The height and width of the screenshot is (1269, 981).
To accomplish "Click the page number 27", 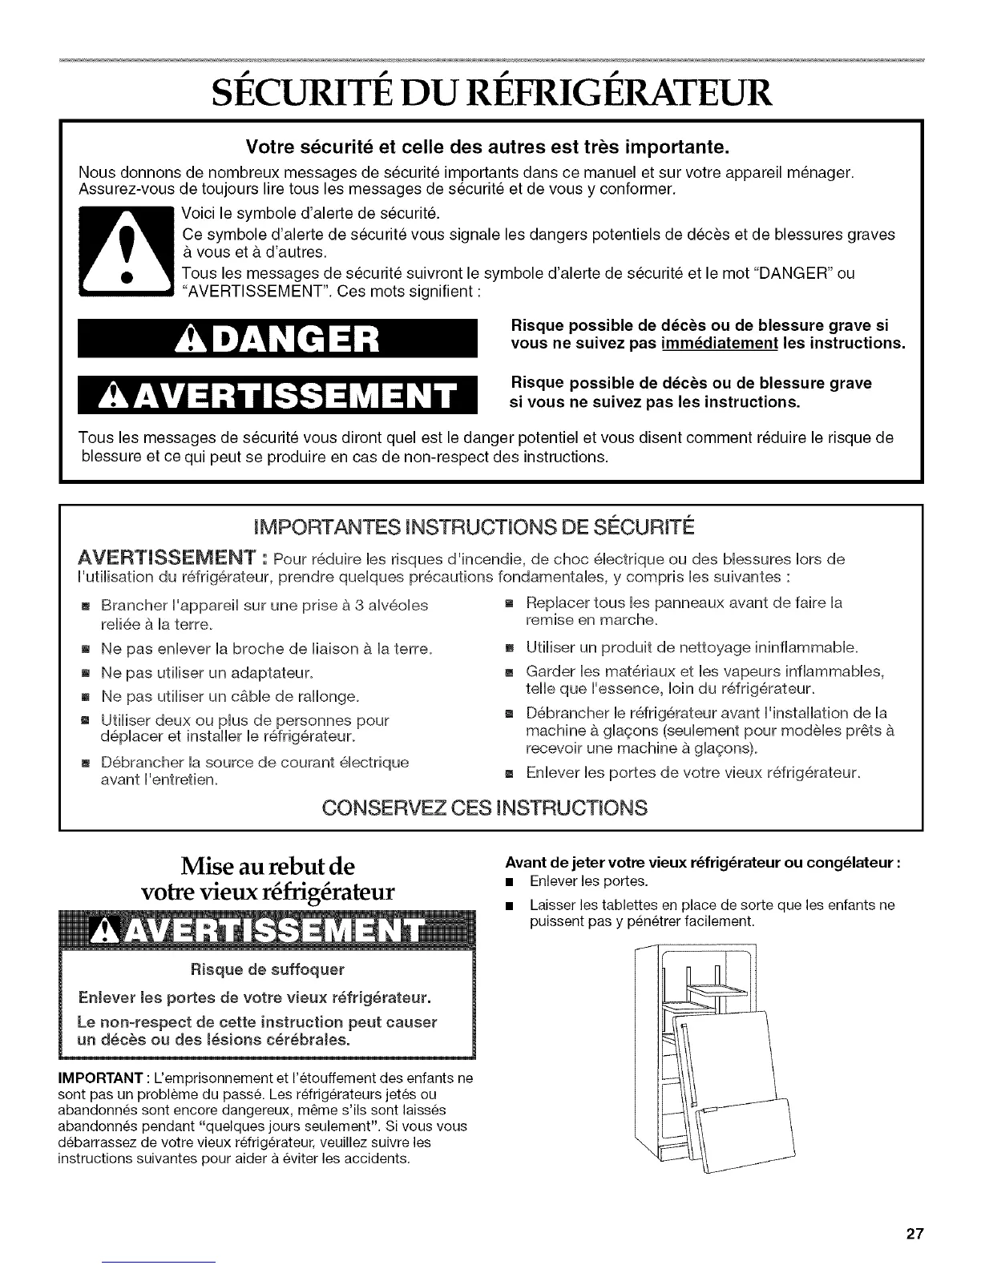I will pos(914,1234).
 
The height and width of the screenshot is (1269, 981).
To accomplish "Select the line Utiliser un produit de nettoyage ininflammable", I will pos(692,647).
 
